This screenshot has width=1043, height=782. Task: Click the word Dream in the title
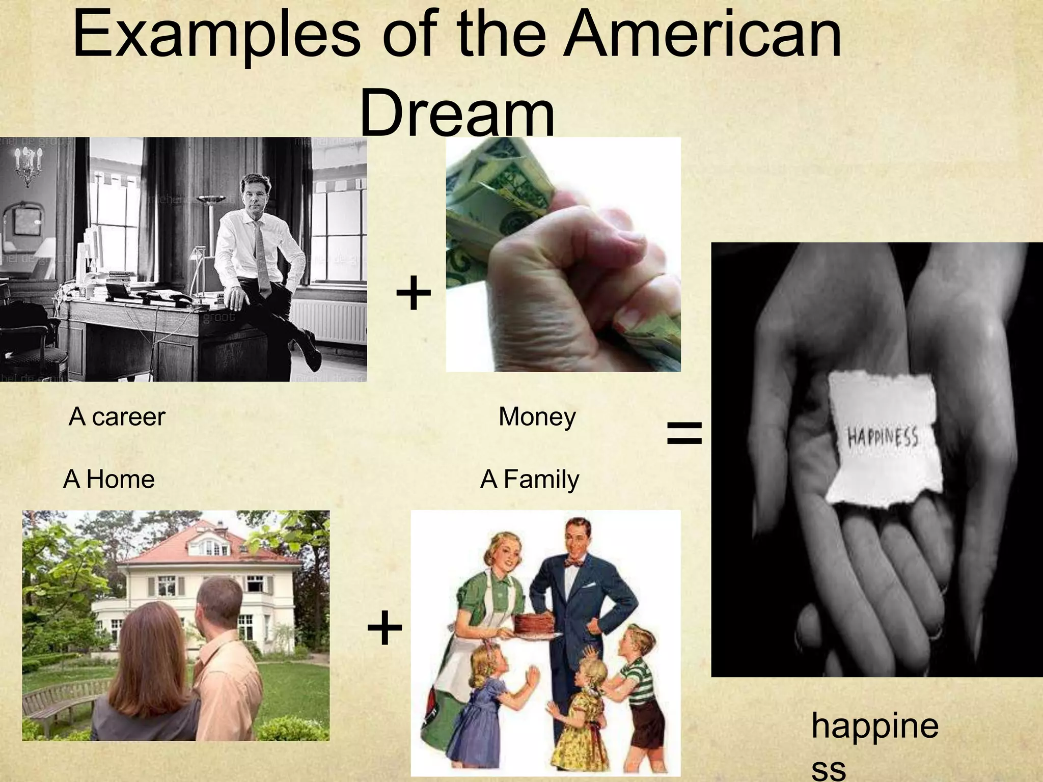(x=457, y=113)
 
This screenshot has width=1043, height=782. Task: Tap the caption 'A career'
(x=117, y=416)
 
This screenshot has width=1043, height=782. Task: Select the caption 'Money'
(x=537, y=417)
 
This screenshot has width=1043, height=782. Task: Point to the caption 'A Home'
(x=109, y=479)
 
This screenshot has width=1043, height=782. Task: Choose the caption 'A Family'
(x=530, y=479)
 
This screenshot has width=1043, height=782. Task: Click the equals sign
(x=684, y=433)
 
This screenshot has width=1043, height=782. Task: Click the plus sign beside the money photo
(x=413, y=293)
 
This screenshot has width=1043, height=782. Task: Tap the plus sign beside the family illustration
(x=385, y=628)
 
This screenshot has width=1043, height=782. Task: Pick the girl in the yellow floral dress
(x=583, y=713)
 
